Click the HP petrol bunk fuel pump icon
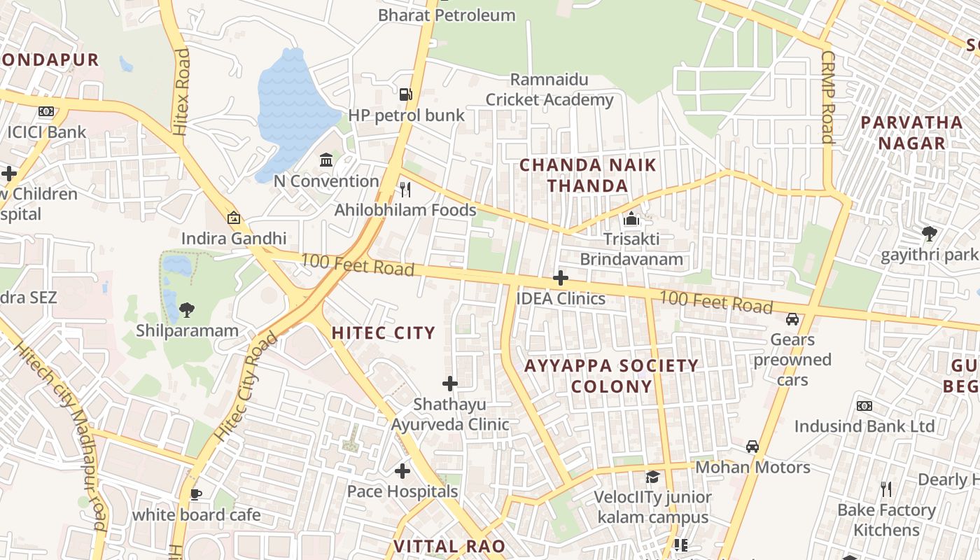[x=405, y=94]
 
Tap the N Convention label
[x=326, y=181]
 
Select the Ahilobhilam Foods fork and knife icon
[x=405, y=189]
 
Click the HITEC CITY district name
[x=384, y=333]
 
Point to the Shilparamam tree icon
[x=186, y=309]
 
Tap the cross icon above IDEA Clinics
[x=560, y=278]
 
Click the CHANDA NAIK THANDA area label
[x=588, y=176]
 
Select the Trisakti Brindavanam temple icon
[x=631, y=219]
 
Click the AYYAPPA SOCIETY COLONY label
[x=612, y=376]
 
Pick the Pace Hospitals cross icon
[x=402, y=471]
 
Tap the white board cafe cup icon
[x=196, y=495]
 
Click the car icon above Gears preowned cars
[x=792, y=319]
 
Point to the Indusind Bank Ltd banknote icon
[x=864, y=406]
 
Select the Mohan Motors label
[x=752, y=467]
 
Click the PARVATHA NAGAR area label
[x=911, y=133]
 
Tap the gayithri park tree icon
[x=929, y=234]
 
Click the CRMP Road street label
[x=828, y=97]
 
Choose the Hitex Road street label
[x=181, y=91]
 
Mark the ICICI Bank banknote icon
[x=46, y=111]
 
